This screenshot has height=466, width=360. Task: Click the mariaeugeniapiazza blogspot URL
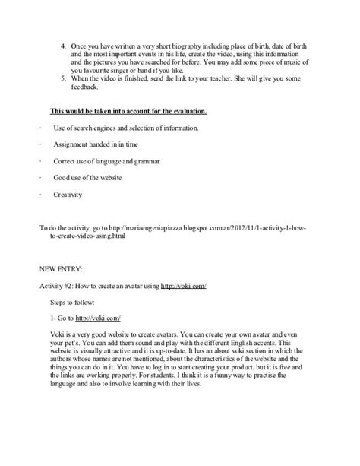[190, 228]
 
